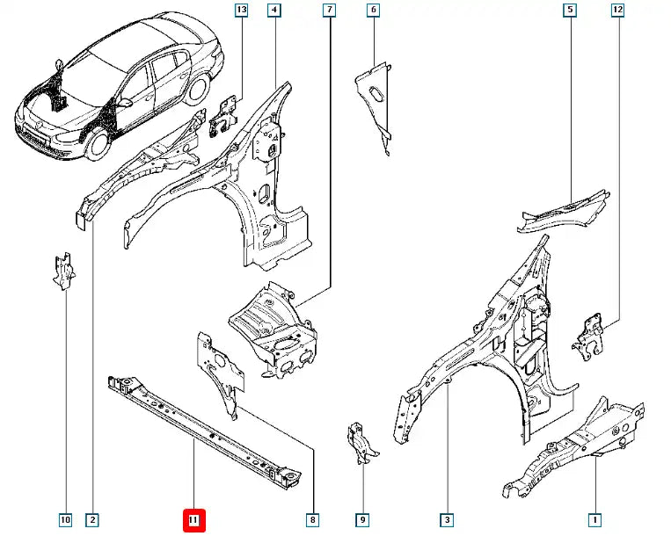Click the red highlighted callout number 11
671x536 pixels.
pos(193,520)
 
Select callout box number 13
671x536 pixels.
pos(242,11)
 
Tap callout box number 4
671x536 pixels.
pos(274,11)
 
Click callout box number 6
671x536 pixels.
pos(373,11)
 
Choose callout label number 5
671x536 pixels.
pos(570,11)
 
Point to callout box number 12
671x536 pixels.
pos(617,11)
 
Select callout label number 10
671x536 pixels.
pos(65,520)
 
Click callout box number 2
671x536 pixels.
pos(92,520)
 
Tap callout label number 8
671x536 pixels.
pos(312,520)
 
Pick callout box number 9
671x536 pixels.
pos(361,520)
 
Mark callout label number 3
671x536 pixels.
pos(447,520)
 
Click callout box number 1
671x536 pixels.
pos(595,520)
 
